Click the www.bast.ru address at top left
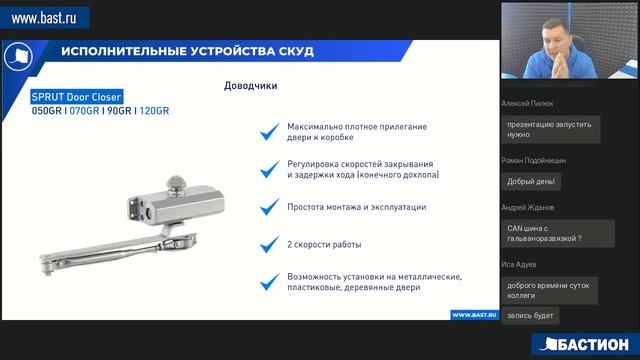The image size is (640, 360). (x=44, y=17)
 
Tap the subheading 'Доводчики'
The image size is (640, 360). (x=250, y=86)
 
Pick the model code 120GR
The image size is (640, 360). (x=154, y=111)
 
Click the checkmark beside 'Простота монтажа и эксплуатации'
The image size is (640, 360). (x=267, y=207)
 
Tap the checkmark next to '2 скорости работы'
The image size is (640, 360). (x=267, y=244)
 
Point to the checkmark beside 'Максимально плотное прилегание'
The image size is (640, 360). (x=267, y=131)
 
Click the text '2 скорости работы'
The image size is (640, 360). (x=322, y=244)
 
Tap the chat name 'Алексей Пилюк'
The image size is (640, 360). (x=526, y=103)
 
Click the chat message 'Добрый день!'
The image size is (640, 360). (x=532, y=181)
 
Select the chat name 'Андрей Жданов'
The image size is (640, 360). (x=527, y=207)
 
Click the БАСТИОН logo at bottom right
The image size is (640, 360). (x=582, y=344)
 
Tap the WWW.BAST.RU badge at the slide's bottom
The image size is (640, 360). (x=474, y=314)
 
